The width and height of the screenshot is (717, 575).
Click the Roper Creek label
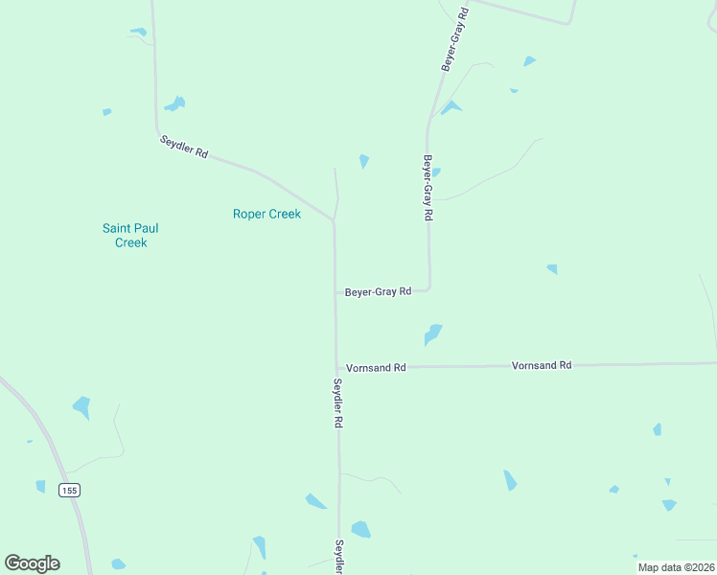point(266,214)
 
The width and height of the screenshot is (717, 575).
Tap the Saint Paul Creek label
point(130,235)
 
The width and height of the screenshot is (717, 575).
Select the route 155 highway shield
point(68,490)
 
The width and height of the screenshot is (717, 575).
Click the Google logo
point(32,563)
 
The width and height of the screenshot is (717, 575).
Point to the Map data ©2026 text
point(676,567)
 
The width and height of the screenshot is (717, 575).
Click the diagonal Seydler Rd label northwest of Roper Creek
point(184,148)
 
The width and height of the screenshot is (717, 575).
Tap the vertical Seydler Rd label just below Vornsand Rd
point(338,402)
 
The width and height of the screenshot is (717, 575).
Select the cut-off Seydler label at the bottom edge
point(338,556)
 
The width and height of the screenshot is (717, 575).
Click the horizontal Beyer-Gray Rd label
point(378,291)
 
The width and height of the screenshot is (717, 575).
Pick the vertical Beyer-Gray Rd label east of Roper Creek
point(428,188)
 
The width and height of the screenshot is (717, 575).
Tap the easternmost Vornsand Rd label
point(542,365)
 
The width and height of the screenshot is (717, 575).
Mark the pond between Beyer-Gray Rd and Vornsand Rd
point(433,334)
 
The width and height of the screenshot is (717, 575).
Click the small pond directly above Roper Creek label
point(363,161)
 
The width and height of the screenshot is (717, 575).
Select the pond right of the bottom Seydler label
point(360,529)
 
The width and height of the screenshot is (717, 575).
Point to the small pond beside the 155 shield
point(40,486)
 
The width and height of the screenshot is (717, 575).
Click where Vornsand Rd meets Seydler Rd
point(336,367)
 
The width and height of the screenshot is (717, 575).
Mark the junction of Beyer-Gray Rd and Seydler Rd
point(335,291)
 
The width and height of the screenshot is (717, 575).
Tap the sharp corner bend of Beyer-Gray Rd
point(429,288)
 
